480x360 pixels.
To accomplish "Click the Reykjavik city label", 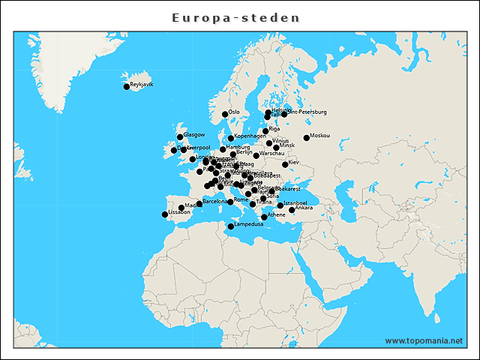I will point(142,85).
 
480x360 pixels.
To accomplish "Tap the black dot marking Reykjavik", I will point(127,87).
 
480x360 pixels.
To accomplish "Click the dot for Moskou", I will point(306,138).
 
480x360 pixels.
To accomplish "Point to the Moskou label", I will point(319,136).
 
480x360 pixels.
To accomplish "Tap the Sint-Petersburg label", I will point(308,112).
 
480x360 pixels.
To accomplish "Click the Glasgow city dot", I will point(180,136).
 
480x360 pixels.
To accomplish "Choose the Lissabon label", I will point(179,212).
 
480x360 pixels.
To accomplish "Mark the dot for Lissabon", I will point(165,214).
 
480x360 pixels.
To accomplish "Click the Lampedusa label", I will point(249,223).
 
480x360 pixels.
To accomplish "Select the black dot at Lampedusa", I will point(231,226).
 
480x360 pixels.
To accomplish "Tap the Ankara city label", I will point(304,208).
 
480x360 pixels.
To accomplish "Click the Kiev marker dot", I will point(285,164).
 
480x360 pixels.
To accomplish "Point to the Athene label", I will point(276,215).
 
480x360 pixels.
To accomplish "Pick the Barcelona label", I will point(214,202).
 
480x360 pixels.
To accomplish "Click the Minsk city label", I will point(287,145).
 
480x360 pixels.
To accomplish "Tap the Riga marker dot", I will point(265,131).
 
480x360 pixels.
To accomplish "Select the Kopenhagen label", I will point(250,136).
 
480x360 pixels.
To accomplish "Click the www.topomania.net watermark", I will point(424,340).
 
